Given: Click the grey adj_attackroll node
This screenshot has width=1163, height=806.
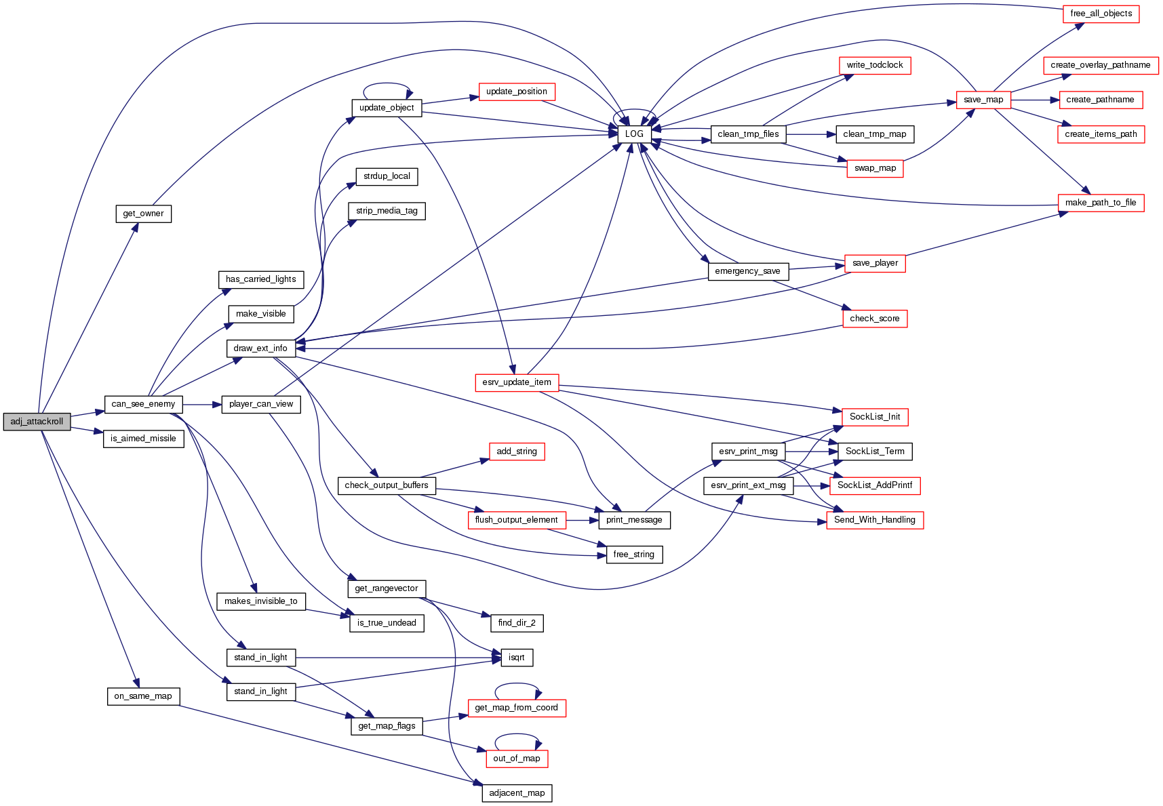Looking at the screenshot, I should [37, 421].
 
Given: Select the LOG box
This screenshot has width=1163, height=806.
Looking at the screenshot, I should [634, 134].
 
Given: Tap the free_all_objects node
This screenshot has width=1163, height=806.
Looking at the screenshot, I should [1101, 14].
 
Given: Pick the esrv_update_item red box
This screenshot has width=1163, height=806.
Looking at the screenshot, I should [517, 382].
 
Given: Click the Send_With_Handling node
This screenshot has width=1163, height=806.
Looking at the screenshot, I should [874, 520].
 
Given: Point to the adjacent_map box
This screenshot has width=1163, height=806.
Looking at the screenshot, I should [517, 792].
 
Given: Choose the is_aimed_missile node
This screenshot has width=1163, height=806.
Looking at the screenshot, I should [143, 439].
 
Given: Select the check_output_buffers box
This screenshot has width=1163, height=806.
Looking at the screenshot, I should [386, 485].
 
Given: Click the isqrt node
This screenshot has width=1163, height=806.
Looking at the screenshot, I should [516, 657].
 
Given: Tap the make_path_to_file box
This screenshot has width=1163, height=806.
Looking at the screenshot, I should [1100, 203].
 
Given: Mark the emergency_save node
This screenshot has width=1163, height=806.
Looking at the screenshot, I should [747, 271].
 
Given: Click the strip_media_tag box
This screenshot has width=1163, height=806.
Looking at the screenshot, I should [387, 211].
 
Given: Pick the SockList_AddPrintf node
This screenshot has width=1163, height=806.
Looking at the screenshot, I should [875, 485].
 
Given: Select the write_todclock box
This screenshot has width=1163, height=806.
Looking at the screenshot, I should [874, 65].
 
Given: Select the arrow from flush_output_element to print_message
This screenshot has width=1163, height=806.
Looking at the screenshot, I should [582, 520].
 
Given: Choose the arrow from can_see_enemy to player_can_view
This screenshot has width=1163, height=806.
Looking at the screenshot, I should [202, 405].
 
